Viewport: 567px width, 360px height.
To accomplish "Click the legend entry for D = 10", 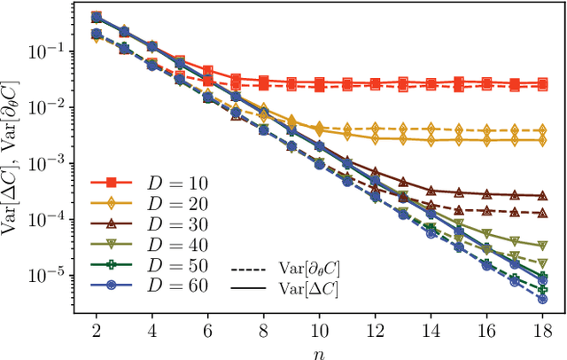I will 151,184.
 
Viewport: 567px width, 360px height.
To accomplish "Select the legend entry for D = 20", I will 151,204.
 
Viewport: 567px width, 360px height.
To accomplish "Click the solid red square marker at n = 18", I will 542,83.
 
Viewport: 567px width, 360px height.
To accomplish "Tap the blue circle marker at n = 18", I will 542,299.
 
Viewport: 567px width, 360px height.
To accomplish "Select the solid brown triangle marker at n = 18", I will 542,195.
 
